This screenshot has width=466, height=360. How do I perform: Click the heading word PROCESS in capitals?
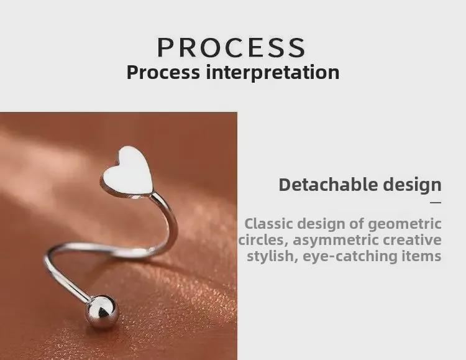pos(232,48)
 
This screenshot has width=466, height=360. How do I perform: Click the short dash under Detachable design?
pos(436,202)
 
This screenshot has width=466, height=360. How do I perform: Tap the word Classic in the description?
pos(268,224)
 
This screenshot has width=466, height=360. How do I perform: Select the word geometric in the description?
pos(405,224)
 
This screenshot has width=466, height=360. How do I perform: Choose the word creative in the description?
pos(412,240)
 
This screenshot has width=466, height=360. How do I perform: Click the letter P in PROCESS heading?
pos(167,48)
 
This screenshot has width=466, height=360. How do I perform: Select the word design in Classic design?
pos(321,224)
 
